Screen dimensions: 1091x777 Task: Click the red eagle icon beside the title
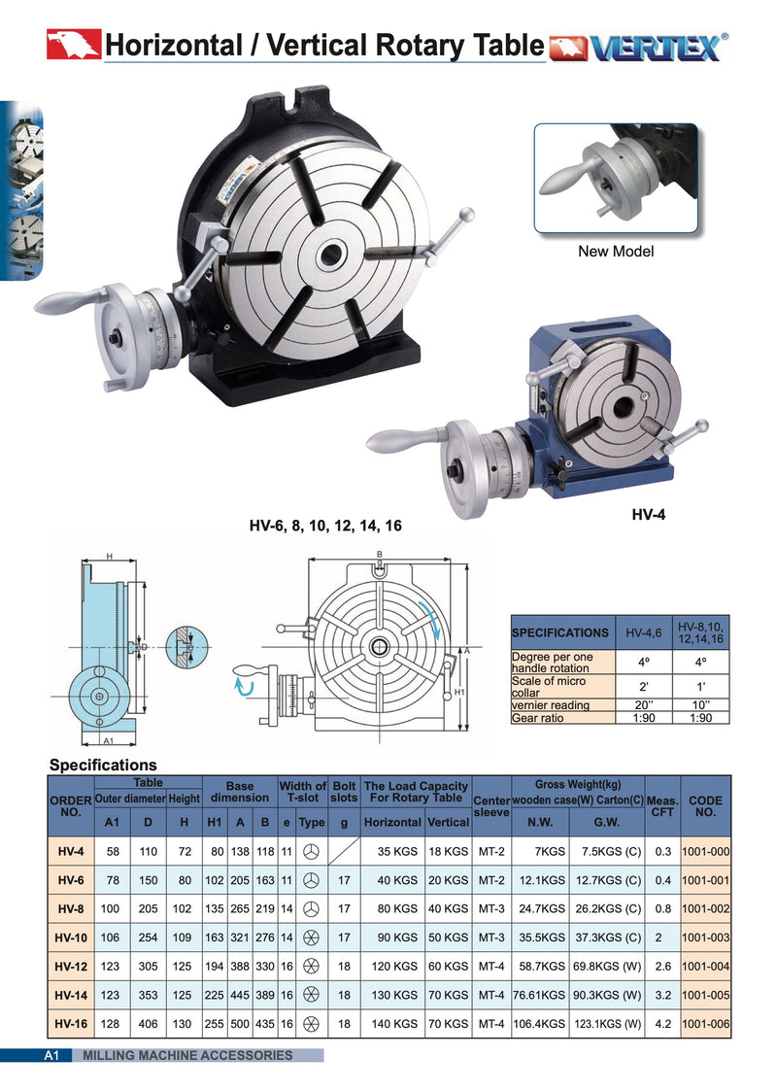coord(74,45)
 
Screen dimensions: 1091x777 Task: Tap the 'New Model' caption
coord(616,252)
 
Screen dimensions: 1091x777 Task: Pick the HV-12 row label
coord(71,969)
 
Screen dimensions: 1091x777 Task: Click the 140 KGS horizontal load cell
coord(390,1023)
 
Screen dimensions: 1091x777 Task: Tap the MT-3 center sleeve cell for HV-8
coord(490,910)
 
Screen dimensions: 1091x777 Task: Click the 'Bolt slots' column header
coord(344,792)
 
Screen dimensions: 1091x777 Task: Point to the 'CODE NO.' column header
coord(706,806)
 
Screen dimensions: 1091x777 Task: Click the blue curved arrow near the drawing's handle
coord(245,688)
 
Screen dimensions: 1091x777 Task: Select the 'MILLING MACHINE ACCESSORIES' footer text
coord(187,1055)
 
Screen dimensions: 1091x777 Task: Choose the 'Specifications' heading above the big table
coord(103,766)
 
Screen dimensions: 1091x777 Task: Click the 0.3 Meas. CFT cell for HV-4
coord(663,852)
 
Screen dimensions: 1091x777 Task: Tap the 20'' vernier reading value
coord(643,704)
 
